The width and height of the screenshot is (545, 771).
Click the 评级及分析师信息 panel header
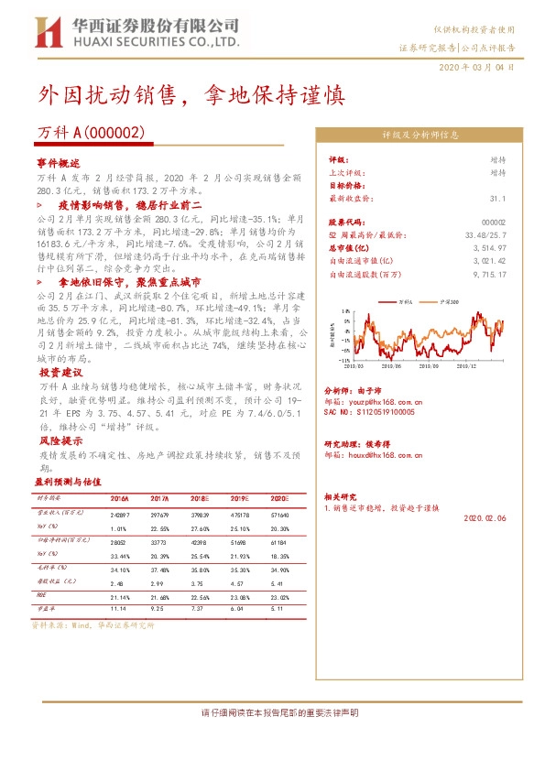(420, 135)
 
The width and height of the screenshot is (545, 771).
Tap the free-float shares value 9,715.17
(489, 273)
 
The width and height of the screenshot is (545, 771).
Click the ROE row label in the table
(42, 595)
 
